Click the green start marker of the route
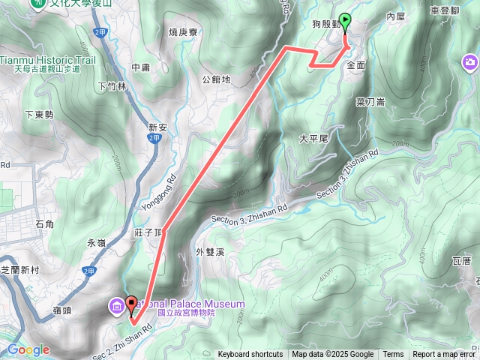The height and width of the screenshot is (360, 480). pos(346,21)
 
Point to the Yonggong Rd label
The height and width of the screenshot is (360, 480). pos(166,179)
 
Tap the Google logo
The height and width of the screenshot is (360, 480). pos(28,350)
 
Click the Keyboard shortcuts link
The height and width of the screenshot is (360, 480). pos(250,355)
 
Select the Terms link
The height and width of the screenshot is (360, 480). pos(393,355)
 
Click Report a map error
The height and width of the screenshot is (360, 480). pos(443,355)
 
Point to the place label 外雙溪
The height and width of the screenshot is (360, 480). pos(210,252)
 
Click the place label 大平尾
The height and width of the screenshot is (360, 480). pos(313,139)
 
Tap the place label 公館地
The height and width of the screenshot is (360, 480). pos(216,79)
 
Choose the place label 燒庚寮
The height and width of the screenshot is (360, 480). pos(183,32)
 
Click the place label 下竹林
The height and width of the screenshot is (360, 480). pos(112,87)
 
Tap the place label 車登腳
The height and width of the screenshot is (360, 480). pos(445,10)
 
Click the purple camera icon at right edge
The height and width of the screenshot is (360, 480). pos(469,61)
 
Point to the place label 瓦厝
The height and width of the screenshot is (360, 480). pos(462,261)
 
